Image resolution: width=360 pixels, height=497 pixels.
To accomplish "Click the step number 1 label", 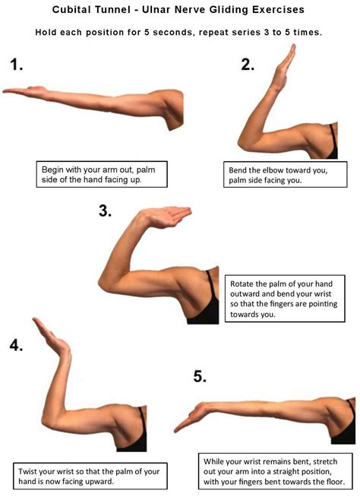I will pos(17,65).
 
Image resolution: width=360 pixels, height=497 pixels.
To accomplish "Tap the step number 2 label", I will pos(247,65).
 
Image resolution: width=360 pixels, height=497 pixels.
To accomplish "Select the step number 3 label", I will pos(105,211).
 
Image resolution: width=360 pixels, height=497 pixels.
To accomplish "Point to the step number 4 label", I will pos(16,344).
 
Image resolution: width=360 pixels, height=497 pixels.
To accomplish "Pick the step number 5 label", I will pos(200,376).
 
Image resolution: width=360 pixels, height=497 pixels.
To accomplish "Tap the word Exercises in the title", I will pos(275,11).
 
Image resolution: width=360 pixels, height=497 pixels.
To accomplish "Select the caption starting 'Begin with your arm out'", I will pos(104,173).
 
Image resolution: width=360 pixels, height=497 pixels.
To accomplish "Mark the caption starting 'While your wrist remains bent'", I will pos(276,470).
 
